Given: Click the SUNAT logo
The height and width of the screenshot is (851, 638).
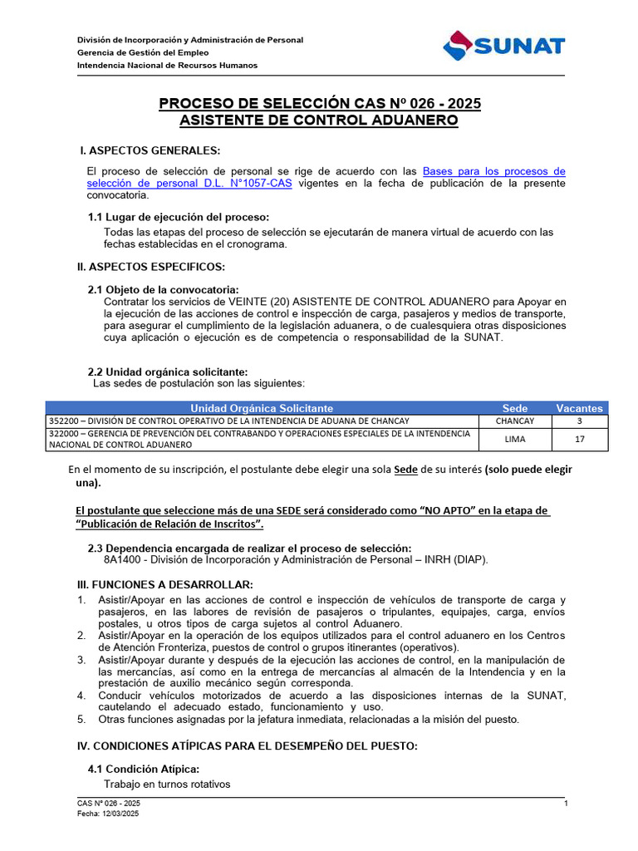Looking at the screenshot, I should [x=504, y=47].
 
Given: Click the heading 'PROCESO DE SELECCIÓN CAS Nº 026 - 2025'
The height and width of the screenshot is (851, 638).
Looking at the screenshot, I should [x=319, y=104].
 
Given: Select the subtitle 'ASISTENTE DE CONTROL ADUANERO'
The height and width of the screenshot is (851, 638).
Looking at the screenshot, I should [x=319, y=121].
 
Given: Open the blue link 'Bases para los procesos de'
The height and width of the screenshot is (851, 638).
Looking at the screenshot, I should [x=493, y=171].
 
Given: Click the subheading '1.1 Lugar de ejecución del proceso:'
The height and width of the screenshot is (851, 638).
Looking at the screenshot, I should [x=179, y=217].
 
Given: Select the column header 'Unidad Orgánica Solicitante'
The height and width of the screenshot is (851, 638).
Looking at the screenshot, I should [x=262, y=408].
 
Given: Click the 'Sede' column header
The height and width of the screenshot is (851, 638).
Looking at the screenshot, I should [x=515, y=408].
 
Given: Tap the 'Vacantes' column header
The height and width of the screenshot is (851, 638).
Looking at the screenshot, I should [x=579, y=408].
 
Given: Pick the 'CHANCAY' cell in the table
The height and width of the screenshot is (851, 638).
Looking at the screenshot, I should [x=515, y=421].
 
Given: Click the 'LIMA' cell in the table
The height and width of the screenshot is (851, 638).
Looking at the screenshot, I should [x=515, y=439].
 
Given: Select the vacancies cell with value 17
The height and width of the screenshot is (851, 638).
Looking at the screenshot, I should [x=579, y=439].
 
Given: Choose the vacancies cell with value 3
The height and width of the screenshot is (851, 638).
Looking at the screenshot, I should [x=579, y=421].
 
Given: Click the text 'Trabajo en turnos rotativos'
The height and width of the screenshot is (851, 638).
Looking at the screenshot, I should [x=167, y=784].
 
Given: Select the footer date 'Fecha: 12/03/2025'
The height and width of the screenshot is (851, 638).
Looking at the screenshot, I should [x=108, y=814].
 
